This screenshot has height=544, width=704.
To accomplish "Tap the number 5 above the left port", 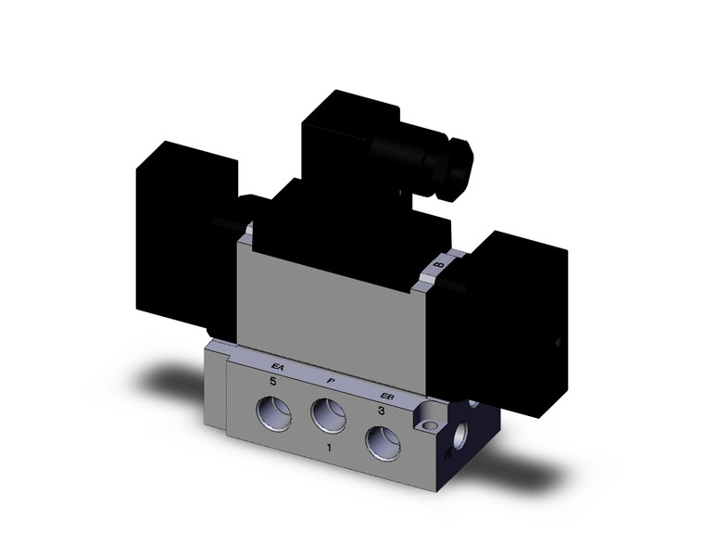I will click(273, 381).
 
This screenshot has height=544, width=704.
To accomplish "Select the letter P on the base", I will click(331, 380).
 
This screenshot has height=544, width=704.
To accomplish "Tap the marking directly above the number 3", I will click(390, 393).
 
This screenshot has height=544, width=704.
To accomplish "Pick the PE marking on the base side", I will click(448, 455).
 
